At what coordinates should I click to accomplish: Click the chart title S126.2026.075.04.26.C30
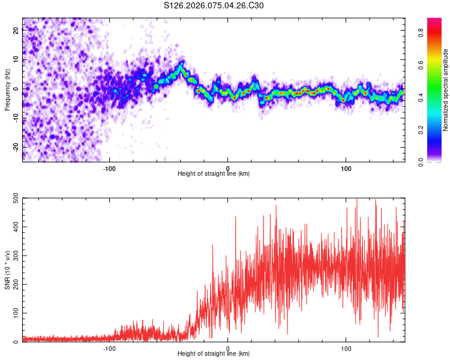point(214,6)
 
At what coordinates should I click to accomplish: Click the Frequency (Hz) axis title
point(7,89)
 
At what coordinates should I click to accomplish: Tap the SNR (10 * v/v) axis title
point(7,270)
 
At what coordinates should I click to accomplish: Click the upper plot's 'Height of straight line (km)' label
point(214,173)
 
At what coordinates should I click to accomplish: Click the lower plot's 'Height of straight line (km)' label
point(214,353)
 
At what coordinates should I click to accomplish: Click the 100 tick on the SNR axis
point(13,314)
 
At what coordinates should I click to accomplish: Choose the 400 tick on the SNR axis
point(13,227)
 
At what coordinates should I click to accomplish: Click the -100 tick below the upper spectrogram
point(109,169)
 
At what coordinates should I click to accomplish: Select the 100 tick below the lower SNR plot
point(346,348)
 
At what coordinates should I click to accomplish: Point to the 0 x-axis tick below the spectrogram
point(227,169)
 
